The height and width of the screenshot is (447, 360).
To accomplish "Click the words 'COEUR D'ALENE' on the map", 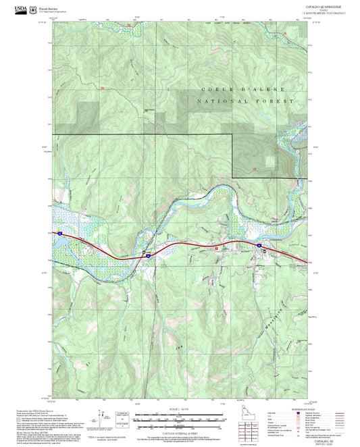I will (243, 89).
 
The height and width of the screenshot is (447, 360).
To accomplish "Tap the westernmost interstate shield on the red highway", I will (59, 234).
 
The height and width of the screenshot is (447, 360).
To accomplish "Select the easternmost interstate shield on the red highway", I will (258, 246).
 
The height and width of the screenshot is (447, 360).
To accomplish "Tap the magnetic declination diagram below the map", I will (101, 417).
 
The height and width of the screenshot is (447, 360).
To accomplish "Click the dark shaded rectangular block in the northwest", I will (86, 111).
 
